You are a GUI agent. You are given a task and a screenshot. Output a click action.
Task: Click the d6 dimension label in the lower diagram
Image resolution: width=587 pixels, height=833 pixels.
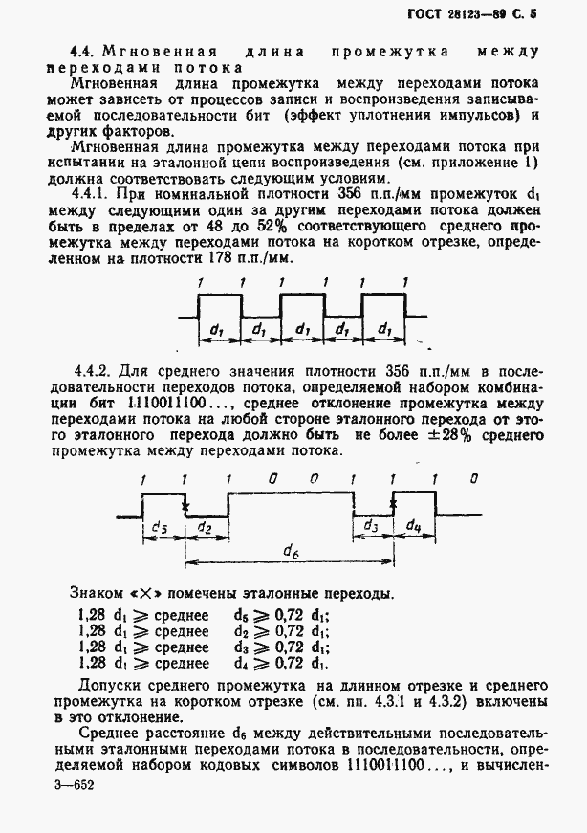coord(289,550)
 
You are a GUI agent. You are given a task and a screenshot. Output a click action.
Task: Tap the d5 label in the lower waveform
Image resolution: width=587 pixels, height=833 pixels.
coord(161,527)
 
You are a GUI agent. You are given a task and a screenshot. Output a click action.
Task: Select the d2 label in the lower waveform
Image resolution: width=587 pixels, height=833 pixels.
coord(205,527)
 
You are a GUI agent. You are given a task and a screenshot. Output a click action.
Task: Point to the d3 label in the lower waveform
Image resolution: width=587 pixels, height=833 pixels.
coord(373,527)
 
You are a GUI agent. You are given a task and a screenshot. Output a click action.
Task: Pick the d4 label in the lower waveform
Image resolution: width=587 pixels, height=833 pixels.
coord(414,527)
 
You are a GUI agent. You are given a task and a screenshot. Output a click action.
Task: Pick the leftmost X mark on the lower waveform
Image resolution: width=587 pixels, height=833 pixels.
coord(185,507)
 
